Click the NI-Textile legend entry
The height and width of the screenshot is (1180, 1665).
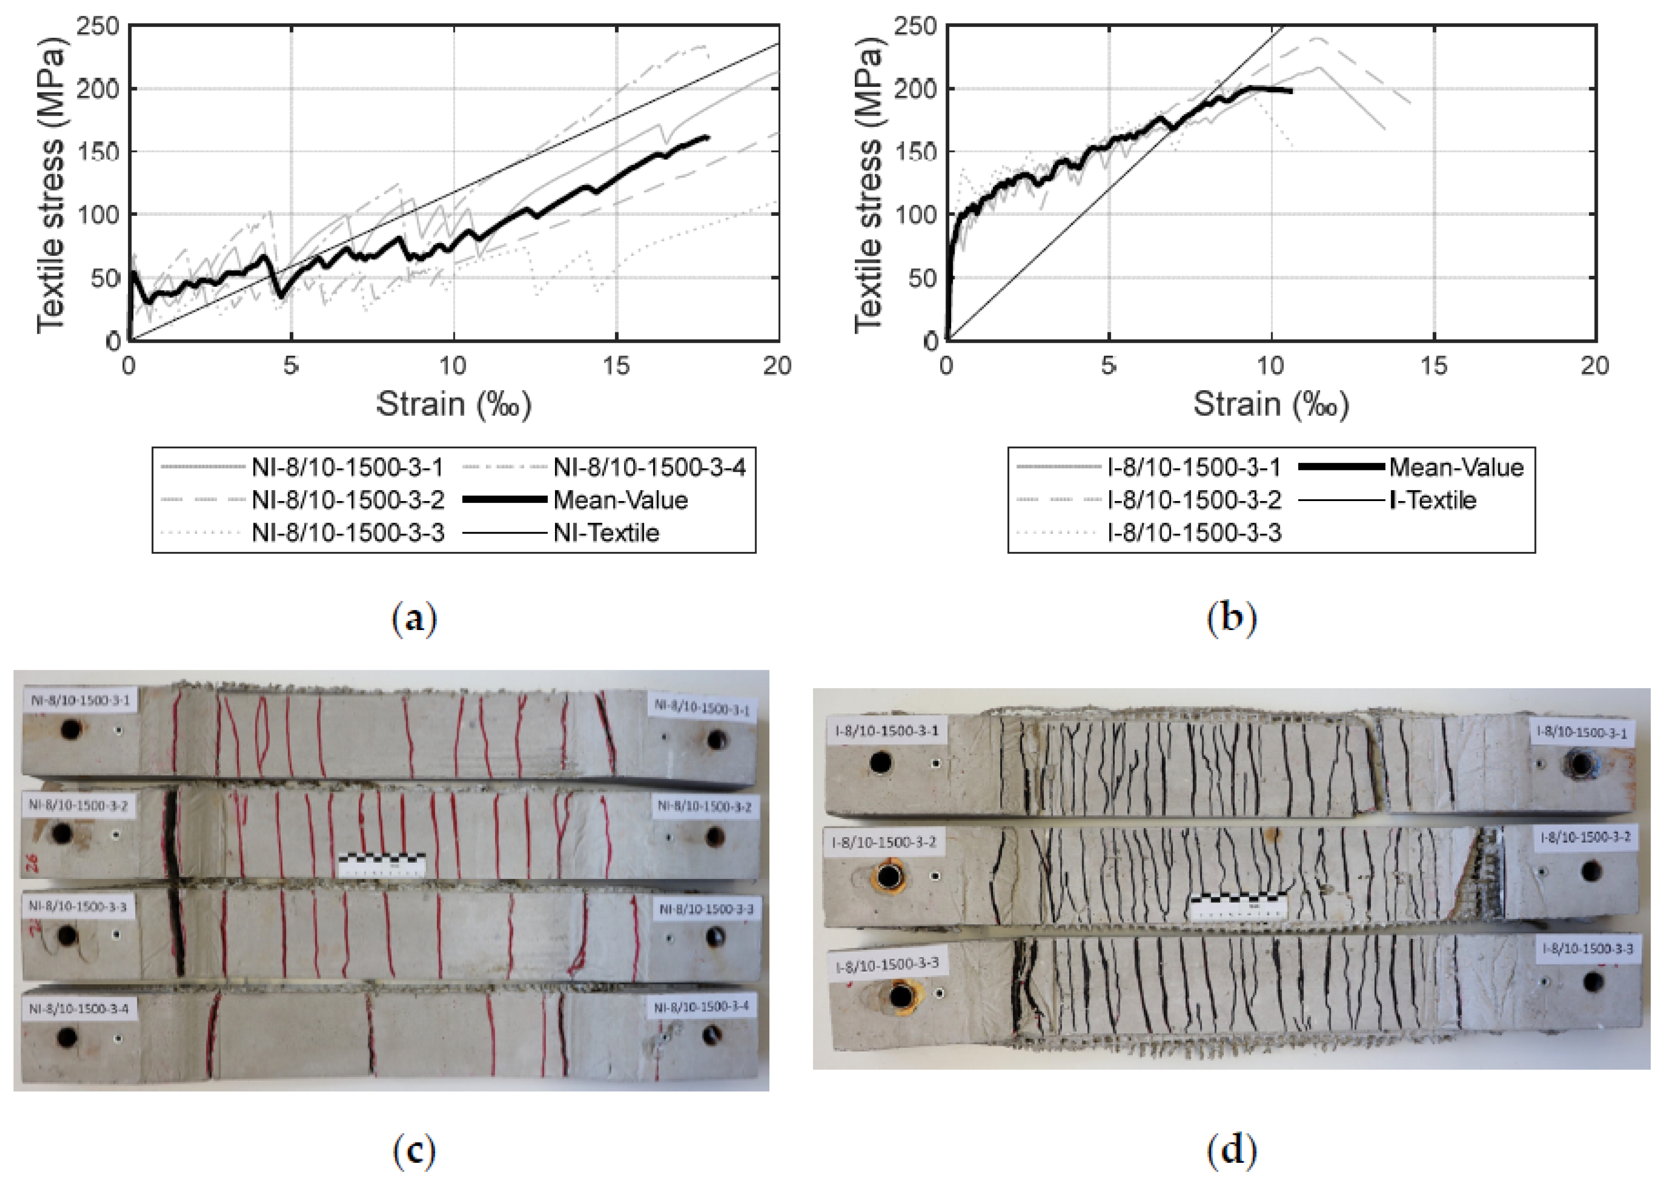605,533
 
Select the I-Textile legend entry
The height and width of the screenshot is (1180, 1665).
1432,500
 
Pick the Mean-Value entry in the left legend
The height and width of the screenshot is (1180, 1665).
620,500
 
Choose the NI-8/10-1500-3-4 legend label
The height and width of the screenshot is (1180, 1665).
649,467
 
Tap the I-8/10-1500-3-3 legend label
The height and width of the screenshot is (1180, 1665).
1193,533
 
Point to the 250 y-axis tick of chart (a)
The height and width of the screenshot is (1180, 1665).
98,27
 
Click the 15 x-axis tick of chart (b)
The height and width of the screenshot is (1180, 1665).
1433,365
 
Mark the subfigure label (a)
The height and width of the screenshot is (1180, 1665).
414,619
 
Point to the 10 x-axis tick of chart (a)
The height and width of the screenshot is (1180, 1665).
453,365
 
